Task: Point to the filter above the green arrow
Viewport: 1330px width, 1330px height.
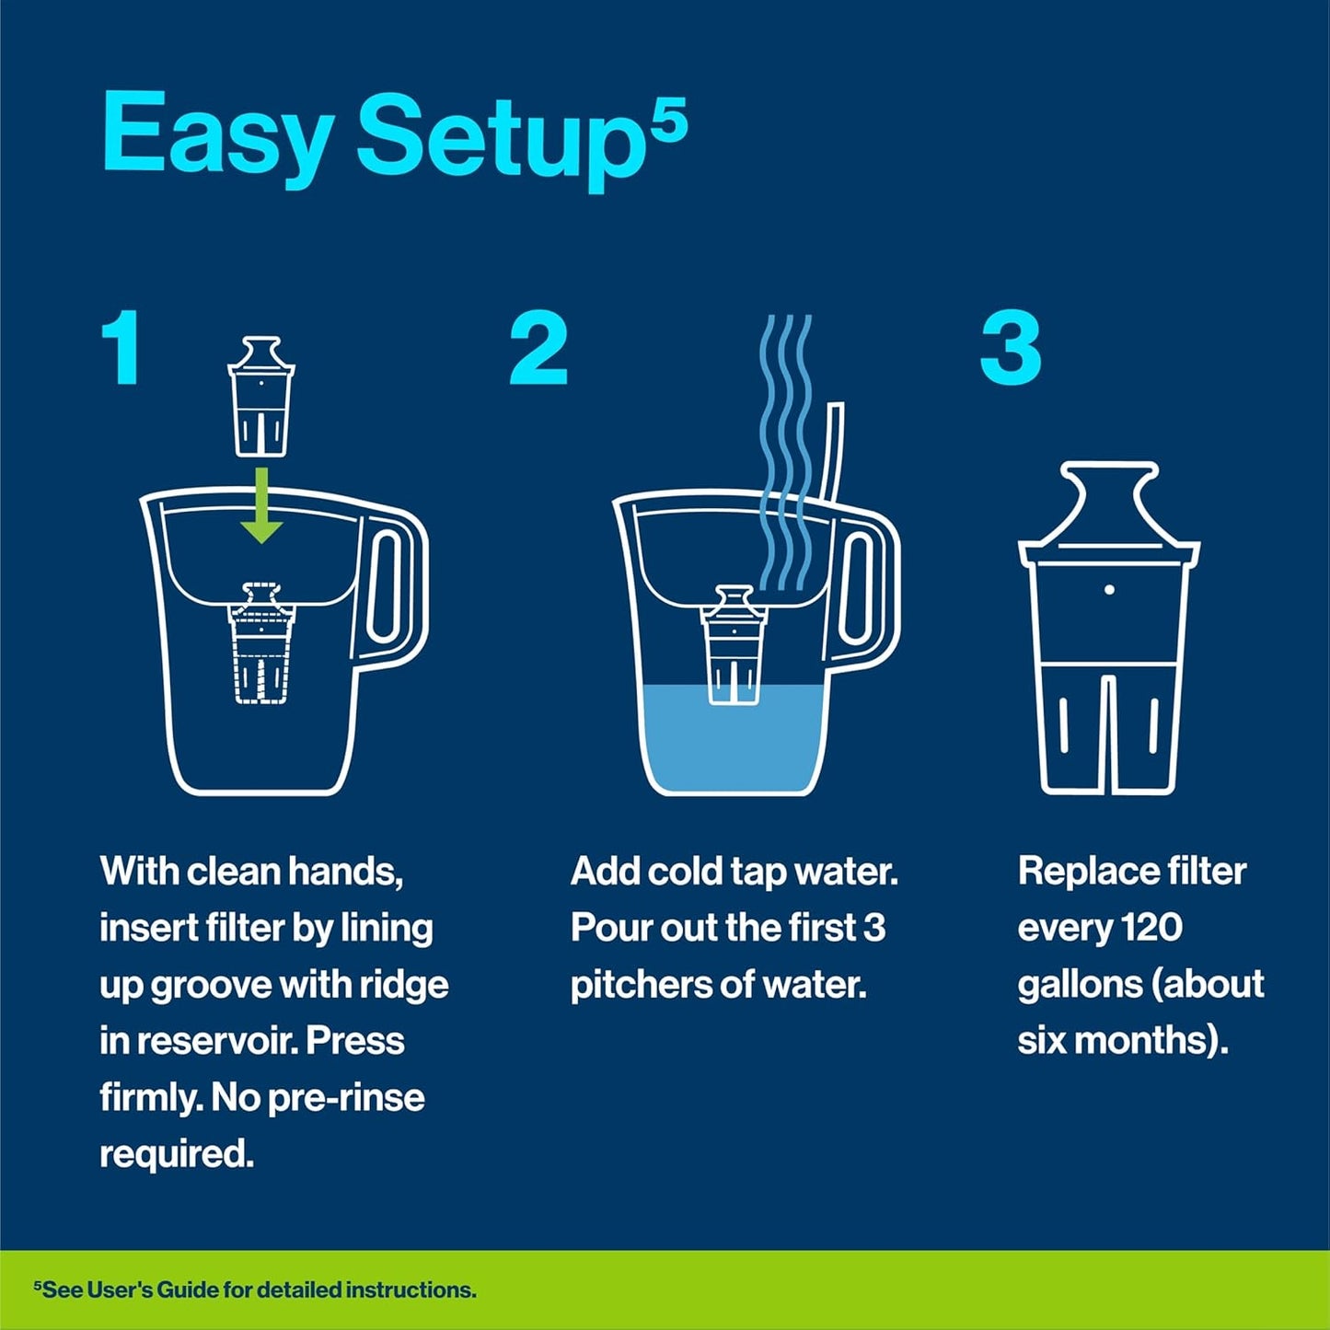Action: pos(261,397)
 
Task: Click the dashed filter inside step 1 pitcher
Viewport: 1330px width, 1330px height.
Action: pos(261,644)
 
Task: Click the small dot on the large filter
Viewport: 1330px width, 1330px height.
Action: pos(1109,589)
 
